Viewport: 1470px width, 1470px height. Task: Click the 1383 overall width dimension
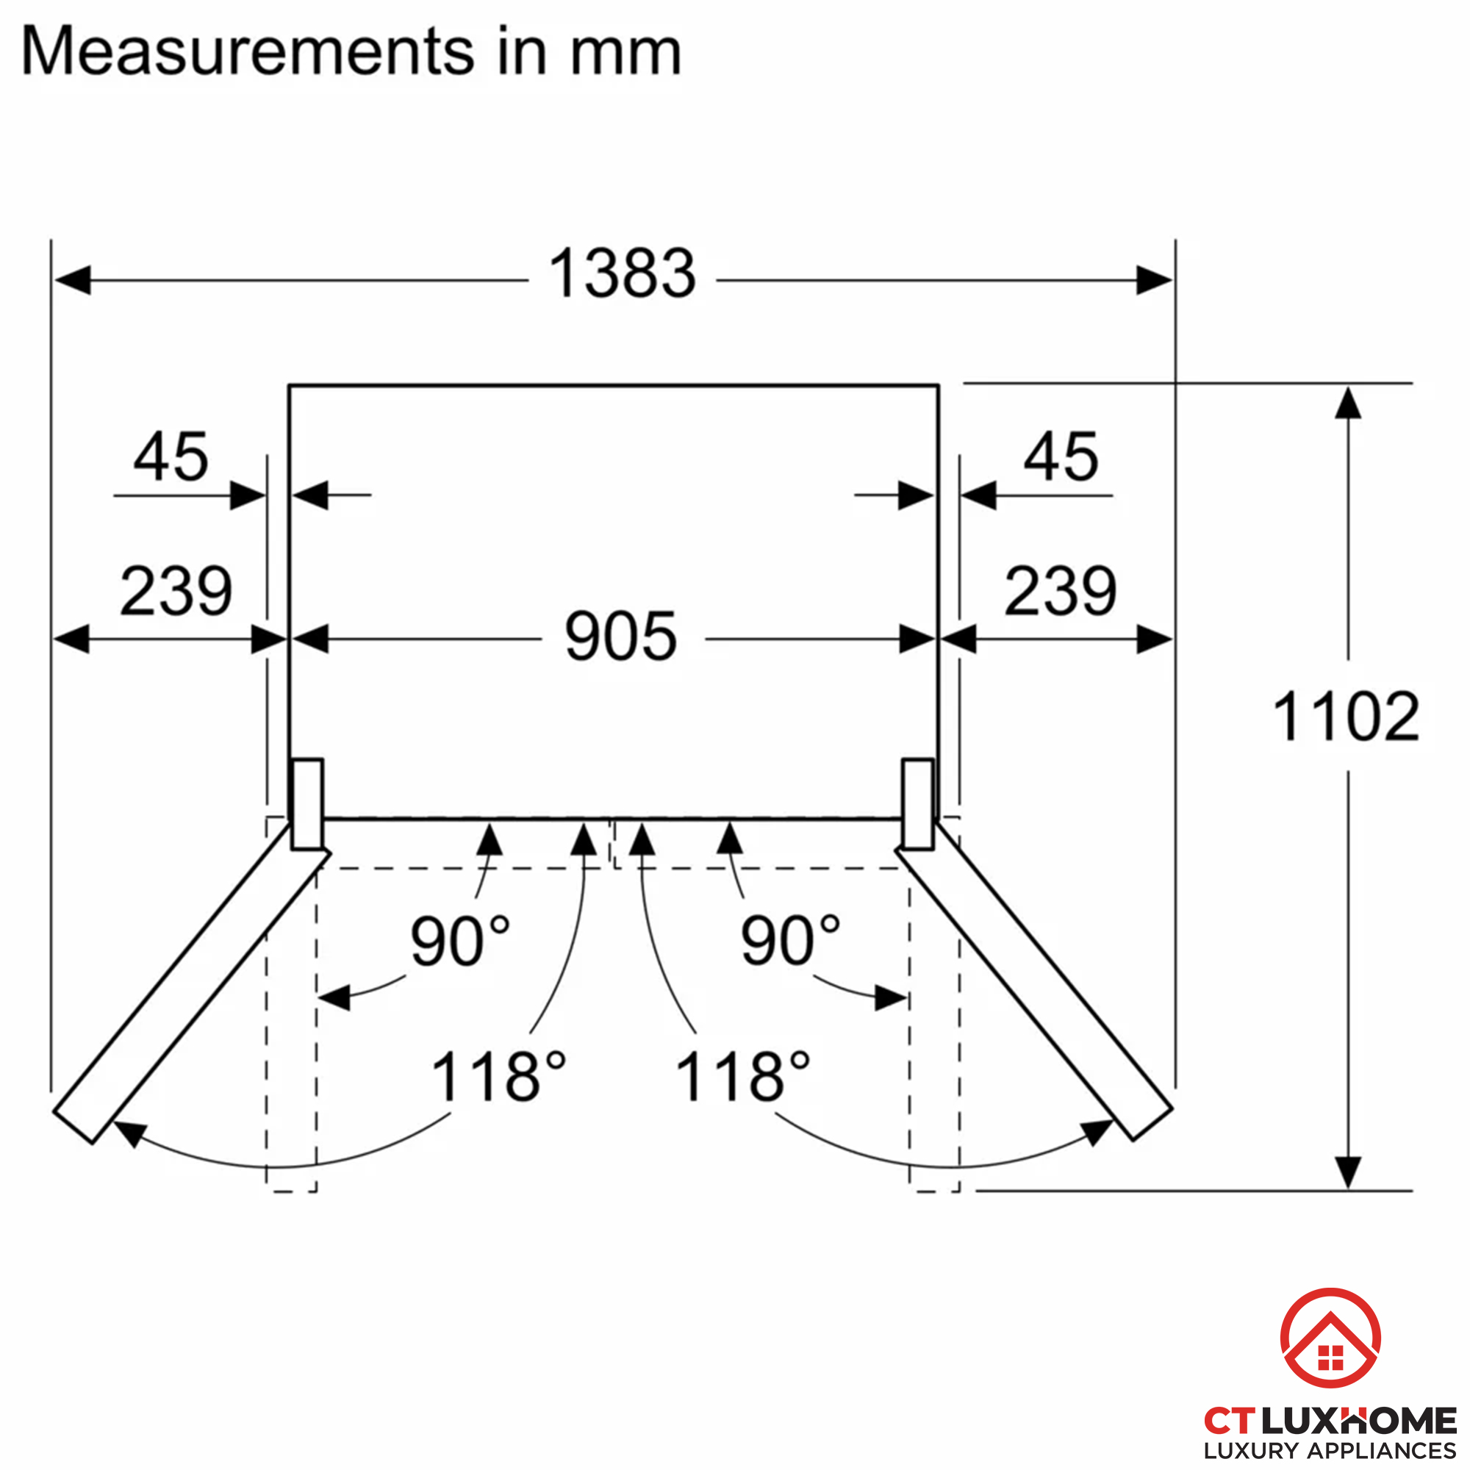coord(622,273)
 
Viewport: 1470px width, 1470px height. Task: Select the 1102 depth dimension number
coord(1346,716)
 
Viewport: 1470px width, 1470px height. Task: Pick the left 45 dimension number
coord(171,456)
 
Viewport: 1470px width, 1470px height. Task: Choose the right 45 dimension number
coord(1061,456)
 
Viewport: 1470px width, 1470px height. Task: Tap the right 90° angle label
coord(791,941)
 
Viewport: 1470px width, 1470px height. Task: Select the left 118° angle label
coord(499,1076)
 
